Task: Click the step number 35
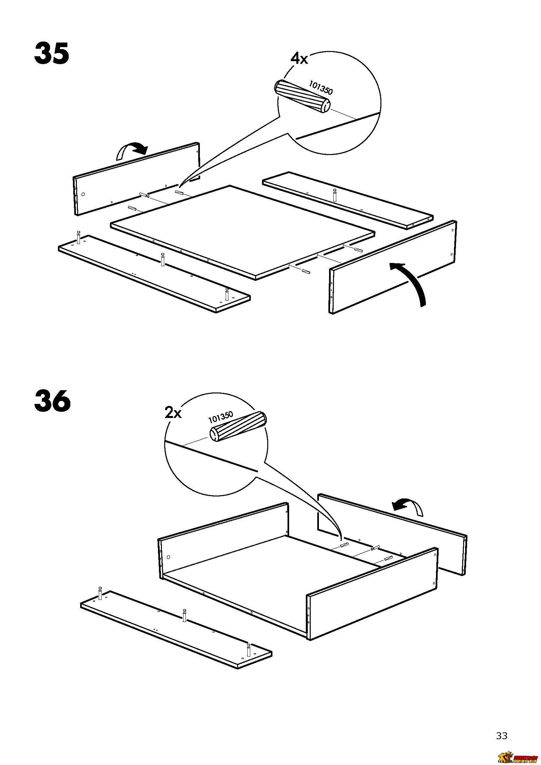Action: point(52,53)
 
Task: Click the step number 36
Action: point(52,401)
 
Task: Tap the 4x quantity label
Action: point(299,59)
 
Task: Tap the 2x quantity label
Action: point(173,413)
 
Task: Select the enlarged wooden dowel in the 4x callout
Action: point(302,96)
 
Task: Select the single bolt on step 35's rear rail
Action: point(335,195)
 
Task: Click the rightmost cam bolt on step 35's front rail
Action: point(227,294)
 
